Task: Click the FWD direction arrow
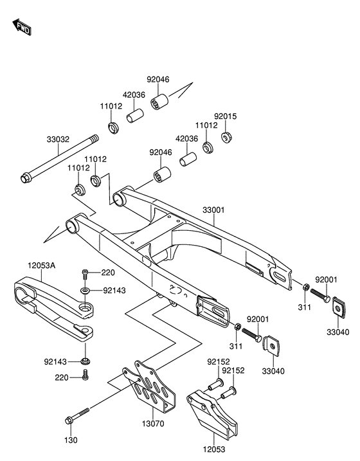(x=22, y=27)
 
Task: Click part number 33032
(x=58, y=139)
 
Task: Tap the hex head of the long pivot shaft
(x=24, y=177)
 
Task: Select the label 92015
(x=225, y=116)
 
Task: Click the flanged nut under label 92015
(x=226, y=138)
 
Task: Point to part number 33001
(x=213, y=210)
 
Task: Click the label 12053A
(x=42, y=266)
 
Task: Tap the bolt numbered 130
(x=77, y=416)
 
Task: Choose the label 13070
(x=153, y=424)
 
